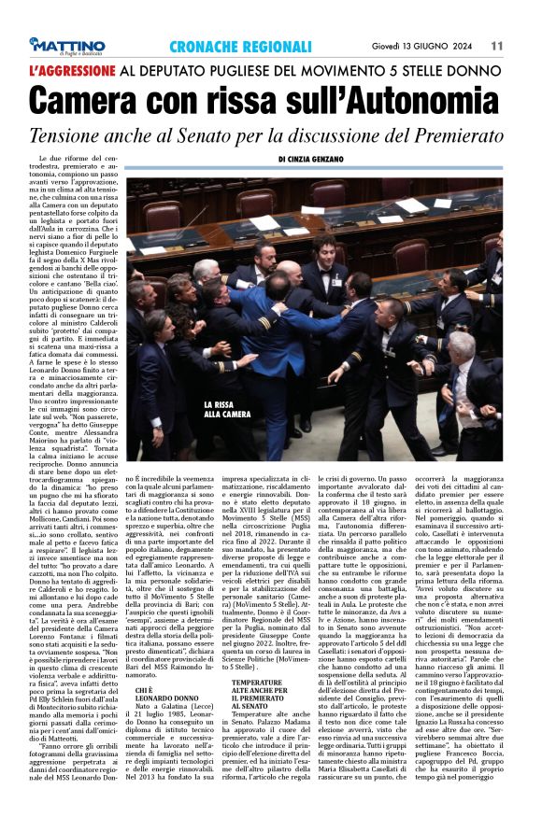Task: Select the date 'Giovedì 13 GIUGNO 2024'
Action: pos(435,45)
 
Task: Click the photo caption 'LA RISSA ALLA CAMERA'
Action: pos(226,409)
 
